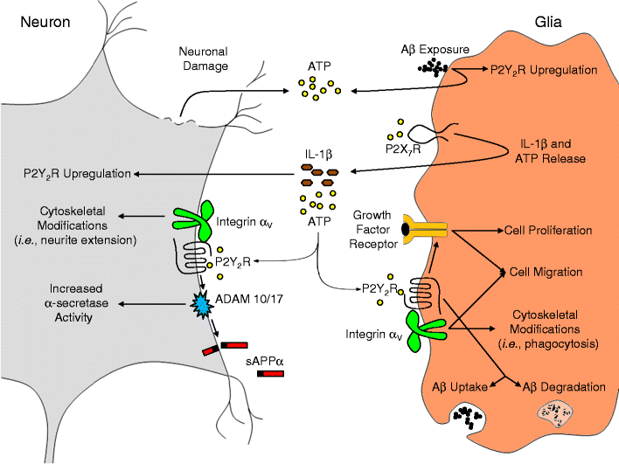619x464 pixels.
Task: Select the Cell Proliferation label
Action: pos(548,232)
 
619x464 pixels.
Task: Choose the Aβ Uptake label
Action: pos(467,385)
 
